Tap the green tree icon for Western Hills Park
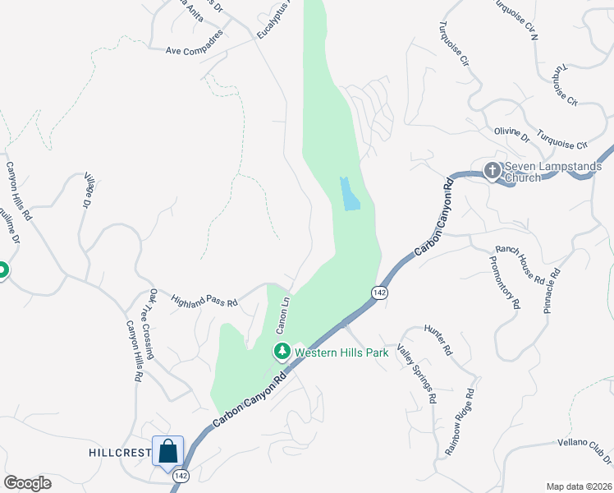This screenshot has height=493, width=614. [x=282, y=352]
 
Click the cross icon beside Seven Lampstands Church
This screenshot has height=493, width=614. [x=492, y=171]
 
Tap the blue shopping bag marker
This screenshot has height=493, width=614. [x=168, y=451]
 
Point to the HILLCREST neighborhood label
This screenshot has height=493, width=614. [x=120, y=453]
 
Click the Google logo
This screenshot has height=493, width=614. [x=27, y=482]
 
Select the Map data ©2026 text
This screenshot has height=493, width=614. [x=578, y=486]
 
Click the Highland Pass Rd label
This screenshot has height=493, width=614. [x=204, y=302]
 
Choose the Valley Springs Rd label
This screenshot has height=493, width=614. [x=417, y=372]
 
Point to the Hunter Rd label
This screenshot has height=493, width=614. [x=438, y=339]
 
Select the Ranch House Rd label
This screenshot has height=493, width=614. [x=520, y=265]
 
